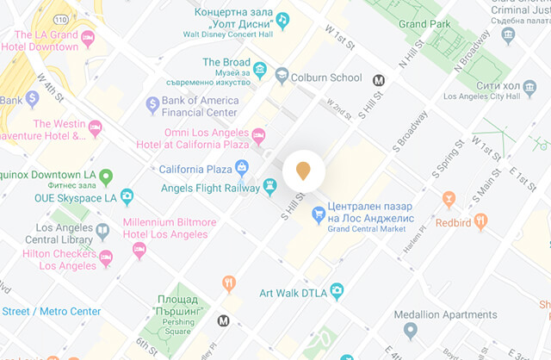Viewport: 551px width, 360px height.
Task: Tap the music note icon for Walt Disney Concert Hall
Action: (282, 19)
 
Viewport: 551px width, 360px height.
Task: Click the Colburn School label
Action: (328, 78)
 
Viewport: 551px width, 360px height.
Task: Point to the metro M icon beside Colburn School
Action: (378, 80)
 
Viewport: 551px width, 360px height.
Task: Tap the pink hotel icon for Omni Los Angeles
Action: (257, 135)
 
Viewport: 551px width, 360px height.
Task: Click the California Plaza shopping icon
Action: (242, 167)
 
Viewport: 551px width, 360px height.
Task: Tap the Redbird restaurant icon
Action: (480, 222)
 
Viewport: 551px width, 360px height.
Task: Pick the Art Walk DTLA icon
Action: (337, 294)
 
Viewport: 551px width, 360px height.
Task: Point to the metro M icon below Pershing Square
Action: (224, 321)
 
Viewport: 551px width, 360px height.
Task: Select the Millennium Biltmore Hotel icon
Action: (139, 250)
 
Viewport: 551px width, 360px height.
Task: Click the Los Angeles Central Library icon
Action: (102, 231)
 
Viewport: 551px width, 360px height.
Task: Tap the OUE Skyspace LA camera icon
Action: (127, 197)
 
